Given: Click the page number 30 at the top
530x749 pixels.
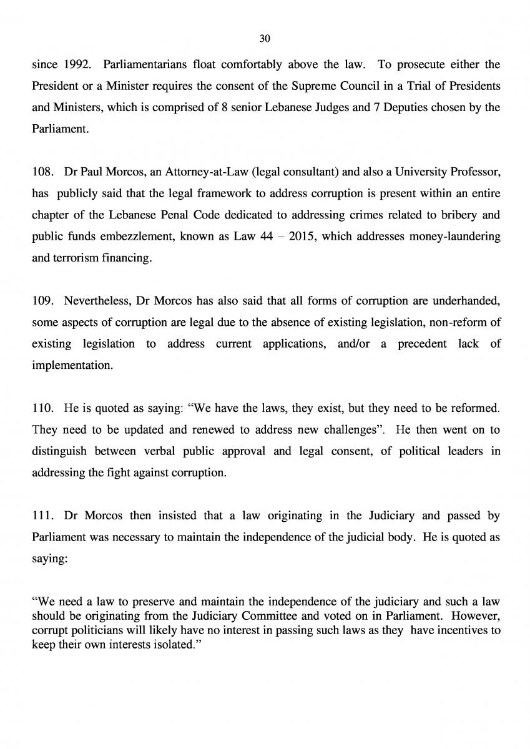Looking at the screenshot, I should tap(264, 39).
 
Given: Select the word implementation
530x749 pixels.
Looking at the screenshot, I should tap(72, 365).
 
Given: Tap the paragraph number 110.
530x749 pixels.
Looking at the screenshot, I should tap(41, 409).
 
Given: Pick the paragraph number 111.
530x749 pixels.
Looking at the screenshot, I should tap(41, 516).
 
